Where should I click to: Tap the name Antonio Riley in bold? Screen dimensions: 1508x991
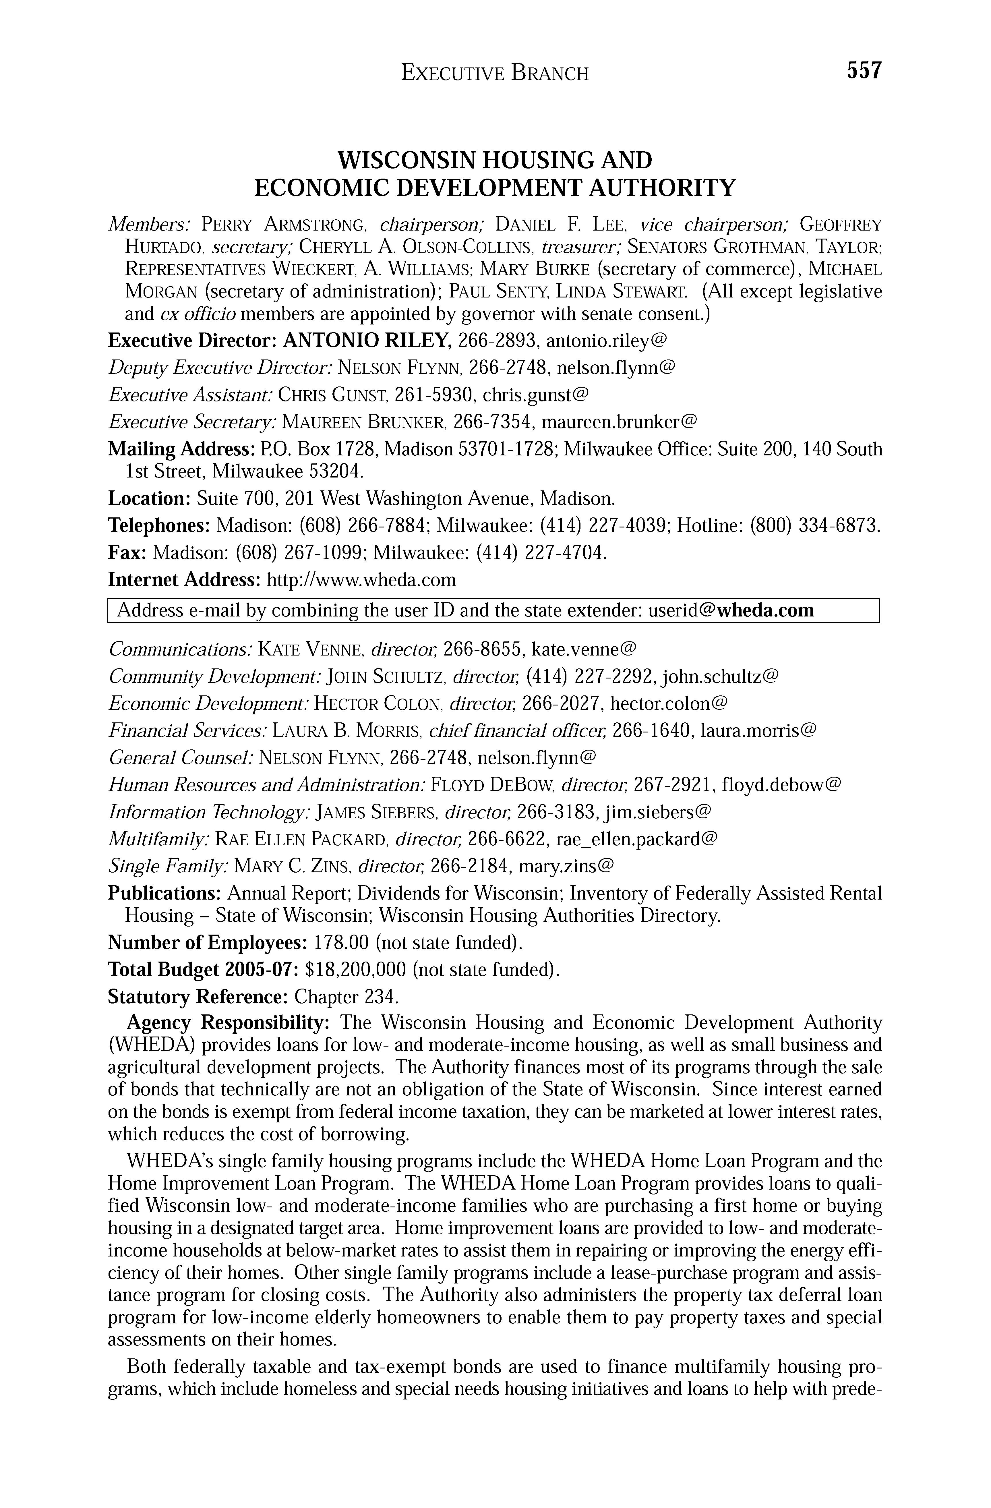coord(366,341)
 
